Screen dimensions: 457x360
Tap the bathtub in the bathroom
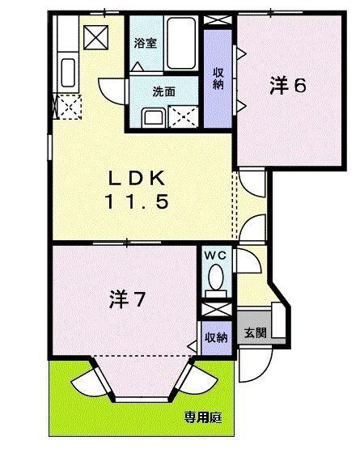pyautogui.click(x=180, y=44)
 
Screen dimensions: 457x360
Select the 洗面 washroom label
pyautogui.click(x=163, y=91)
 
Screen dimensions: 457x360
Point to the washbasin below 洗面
pyautogui.click(x=151, y=117)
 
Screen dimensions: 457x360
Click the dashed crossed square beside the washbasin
pyautogui.click(x=184, y=116)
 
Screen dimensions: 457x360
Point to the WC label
pyautogui.click(x=214, y=255)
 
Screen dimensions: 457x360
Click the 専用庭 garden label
pyautogui.click(x=202, y=418)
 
